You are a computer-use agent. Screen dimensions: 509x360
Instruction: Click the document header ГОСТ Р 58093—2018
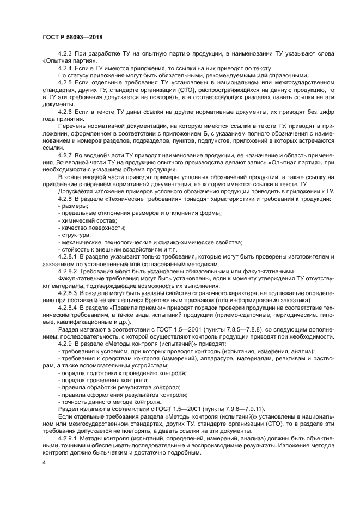coord(72,38)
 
